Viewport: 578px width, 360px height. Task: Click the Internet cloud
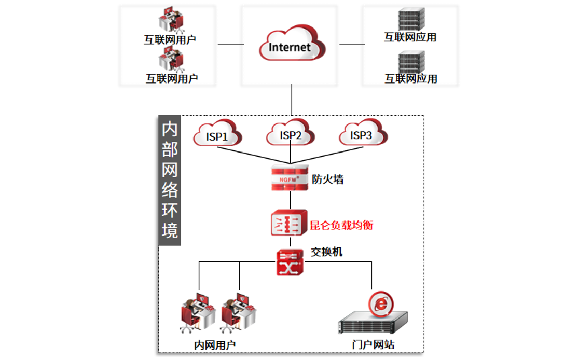[x=290, y=46]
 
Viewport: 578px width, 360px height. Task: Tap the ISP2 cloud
[x=290, y=135]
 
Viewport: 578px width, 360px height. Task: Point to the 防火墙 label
[x=328, y=179]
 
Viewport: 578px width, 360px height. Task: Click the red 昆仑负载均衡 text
[x=341, y=225]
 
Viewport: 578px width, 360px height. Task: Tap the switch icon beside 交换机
[x=289, y=262]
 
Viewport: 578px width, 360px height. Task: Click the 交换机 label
[x=326, y=252]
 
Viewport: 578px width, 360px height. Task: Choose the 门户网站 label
[x=373, y=345]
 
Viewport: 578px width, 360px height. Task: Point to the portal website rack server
[x=372, y=323]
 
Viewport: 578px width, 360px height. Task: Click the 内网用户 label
[x=214, y=345]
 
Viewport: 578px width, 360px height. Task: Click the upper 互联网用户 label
[x=170, y=39]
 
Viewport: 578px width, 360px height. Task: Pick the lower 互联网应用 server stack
[x=411, y=62]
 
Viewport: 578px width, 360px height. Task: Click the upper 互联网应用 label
[x=410, y=37]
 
